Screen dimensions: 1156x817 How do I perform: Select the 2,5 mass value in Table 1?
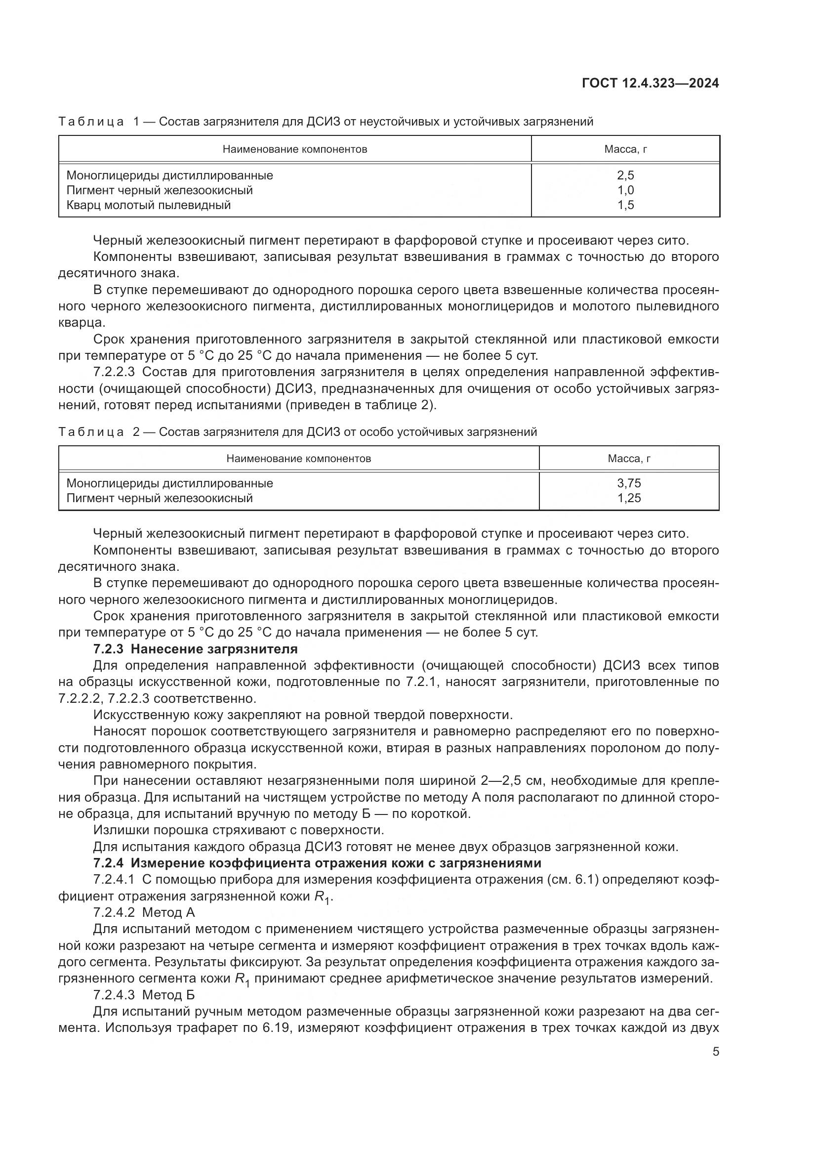click(x=625, y=175)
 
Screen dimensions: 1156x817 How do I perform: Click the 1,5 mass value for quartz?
click(x=625, y=205)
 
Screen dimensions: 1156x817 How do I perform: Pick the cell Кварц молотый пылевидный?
click(x=148, y=205)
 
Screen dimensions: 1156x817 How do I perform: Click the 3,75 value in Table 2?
click(x=629, y=483)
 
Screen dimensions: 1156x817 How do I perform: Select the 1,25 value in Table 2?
click(x=629, y=499)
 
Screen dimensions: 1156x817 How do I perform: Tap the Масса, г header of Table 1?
click(x=625, y=149)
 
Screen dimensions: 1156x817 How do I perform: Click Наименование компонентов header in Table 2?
click(x=298, y=459)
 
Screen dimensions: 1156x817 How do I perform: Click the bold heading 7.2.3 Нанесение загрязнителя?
click(x=196, y=649)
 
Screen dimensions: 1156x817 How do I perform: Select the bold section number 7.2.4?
click(x=108, y=863)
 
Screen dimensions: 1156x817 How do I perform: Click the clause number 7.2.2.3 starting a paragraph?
click(x=114, y=372)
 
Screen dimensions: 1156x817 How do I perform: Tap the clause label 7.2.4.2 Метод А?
click(x=144, y=913)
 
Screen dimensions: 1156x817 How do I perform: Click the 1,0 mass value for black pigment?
click(x=625, y=190)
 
